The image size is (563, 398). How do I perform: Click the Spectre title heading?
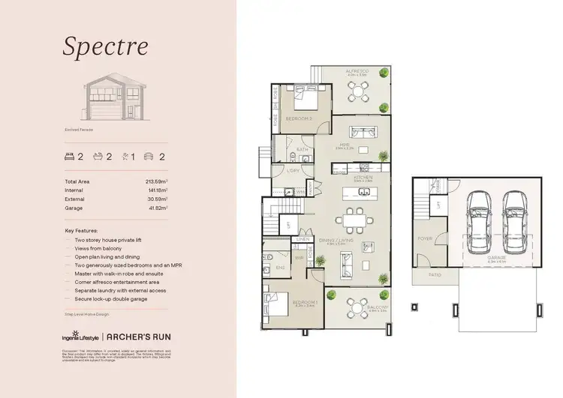105,46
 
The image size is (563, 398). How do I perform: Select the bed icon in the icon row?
71,157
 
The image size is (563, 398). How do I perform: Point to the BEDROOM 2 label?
300,119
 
